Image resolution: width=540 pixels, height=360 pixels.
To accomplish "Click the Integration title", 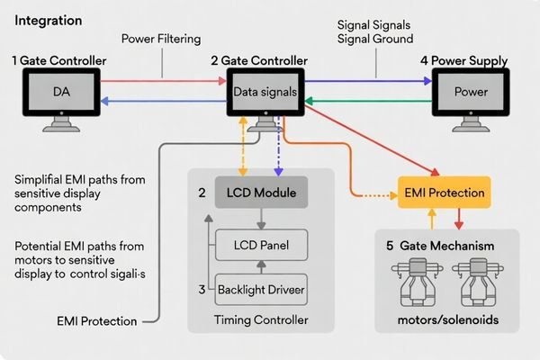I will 49,19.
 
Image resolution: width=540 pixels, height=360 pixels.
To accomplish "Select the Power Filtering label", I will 163,40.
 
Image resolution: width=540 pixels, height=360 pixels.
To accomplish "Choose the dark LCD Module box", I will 260,192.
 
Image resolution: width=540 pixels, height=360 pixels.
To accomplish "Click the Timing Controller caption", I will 260,319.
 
